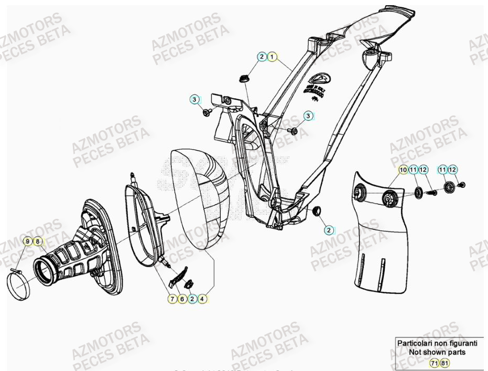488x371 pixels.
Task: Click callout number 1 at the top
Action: (272, 57)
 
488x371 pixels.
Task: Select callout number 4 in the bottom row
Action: (202, 299)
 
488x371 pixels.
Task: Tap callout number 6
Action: (182, 299)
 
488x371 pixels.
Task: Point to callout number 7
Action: (172, 299)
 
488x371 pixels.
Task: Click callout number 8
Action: (37, 241)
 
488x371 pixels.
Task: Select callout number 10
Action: (403, 169)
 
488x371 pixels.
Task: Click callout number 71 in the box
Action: (435, 363)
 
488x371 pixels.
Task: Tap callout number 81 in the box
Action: (444, 363)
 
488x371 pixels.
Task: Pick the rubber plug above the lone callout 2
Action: (317, 211)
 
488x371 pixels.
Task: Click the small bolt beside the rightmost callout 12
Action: (462, 185)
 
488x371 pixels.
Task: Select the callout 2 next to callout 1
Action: (262, 57)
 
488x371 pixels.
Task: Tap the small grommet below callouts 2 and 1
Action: (243, 79)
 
